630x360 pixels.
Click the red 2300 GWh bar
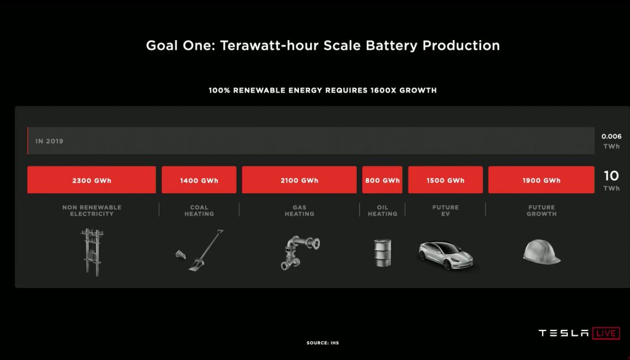click(92, 180)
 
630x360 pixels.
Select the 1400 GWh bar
click(199, 180)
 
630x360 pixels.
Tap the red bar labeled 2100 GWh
click(300, 180)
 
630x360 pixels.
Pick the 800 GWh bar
click(382, 180)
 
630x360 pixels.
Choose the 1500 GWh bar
click(445, 180)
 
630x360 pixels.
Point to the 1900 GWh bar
click(541, 180)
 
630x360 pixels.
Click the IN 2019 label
click(49, 141)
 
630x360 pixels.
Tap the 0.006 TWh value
click(611, 141)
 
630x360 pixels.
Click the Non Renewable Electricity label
click(92, 210)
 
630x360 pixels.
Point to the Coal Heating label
click(199, 210)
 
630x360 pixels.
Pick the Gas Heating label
click(300, 210)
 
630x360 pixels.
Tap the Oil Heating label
click(383, 210)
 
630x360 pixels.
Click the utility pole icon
click(92, 252)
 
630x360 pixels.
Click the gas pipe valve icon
click(300, 252)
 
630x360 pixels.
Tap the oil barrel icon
click(383, 253)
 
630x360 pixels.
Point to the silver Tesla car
click(445, 255)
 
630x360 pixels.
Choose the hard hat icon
click(541, 252)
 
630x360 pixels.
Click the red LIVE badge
click(606, 333)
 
